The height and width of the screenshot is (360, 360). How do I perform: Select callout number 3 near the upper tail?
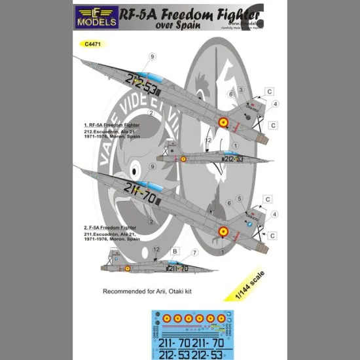(x=241, y=89)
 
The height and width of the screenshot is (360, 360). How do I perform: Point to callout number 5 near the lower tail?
(x=240, y=198)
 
